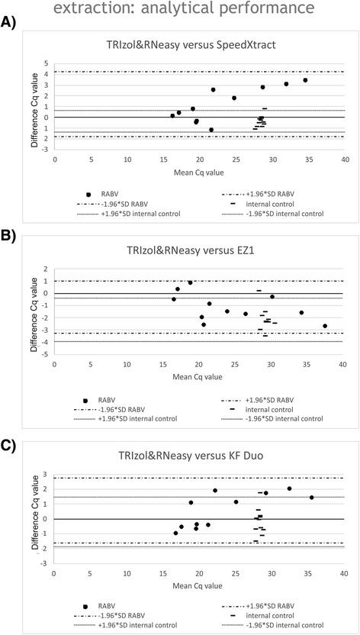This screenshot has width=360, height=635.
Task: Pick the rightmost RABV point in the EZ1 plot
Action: (x=325, y=326)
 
